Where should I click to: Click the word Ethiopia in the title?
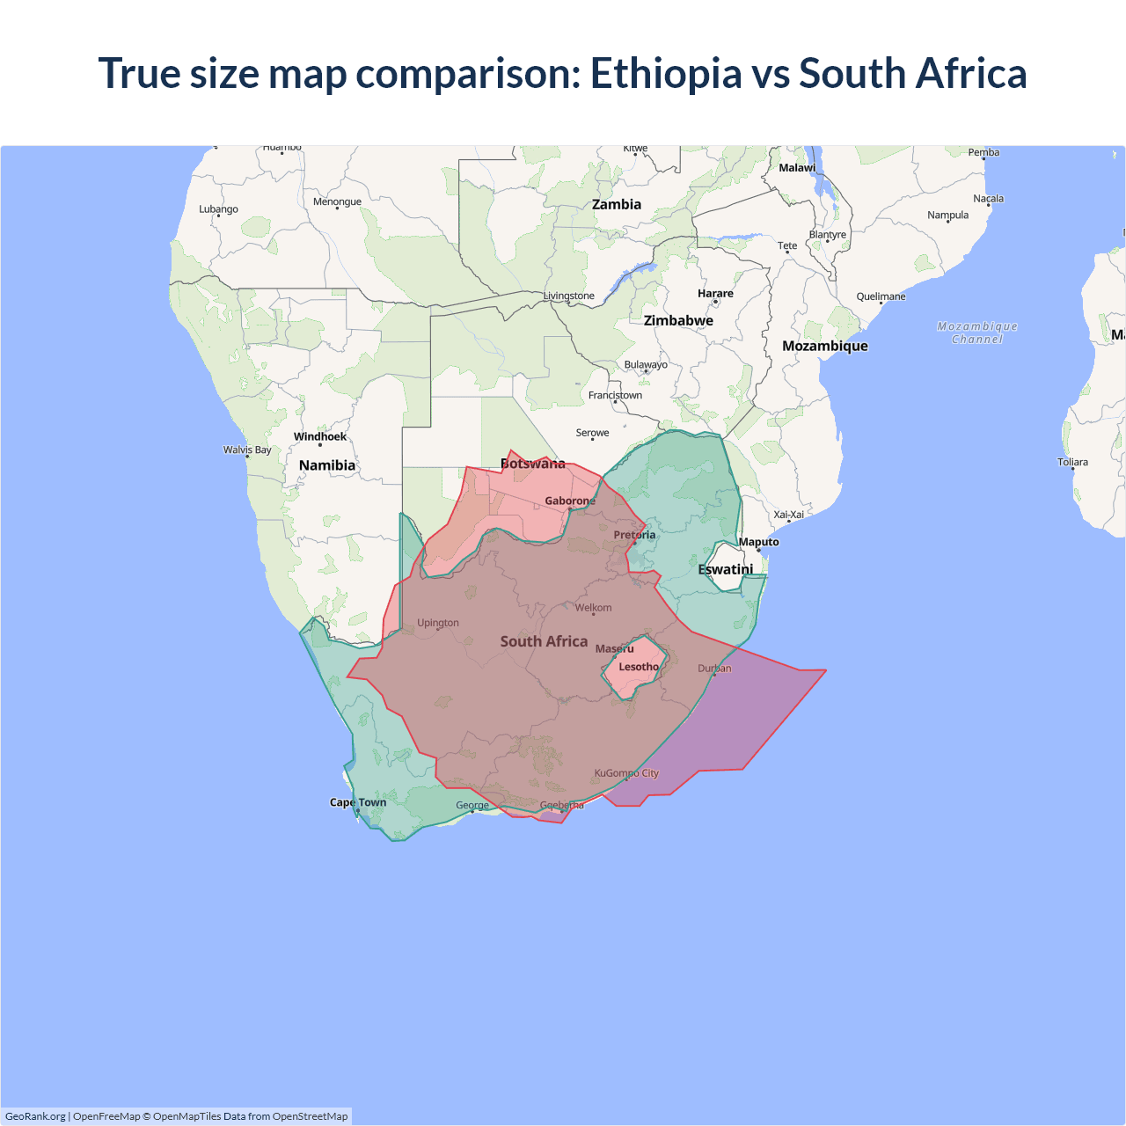pos(666,73)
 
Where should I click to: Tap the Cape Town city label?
pos(358,802)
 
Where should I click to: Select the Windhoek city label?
pos(320,436)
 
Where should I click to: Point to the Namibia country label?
pos(327,465)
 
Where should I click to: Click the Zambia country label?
pos(617,204)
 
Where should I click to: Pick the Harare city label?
pos(715,294)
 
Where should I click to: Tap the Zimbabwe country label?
pos(678,320)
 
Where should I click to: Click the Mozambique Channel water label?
pos(977,333)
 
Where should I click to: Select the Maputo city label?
pos(758,542)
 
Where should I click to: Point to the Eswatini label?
pos(726,569)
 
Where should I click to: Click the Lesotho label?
pos(639,667)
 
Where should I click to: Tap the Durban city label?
pos(714,669)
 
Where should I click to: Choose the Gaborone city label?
pos(570,501)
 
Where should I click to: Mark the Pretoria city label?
pos(634,535)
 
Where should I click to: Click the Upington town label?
pos(438,623)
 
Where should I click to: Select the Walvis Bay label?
pos(247,450)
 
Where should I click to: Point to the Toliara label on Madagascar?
pos(1072,462)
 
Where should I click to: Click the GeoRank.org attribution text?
pos(35,1116)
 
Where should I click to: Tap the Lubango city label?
pos(218,209)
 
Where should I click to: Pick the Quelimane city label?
pos(881,296)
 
